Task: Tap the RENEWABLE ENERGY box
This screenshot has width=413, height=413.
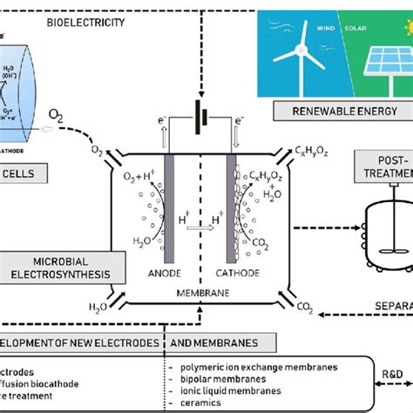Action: pyautogui.click(x=322, y=111)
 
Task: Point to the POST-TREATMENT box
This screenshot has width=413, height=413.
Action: pyautogui.click(x=383, y=166)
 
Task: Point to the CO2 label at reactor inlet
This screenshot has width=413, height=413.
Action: pyautogui.click(x=305, y=306)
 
